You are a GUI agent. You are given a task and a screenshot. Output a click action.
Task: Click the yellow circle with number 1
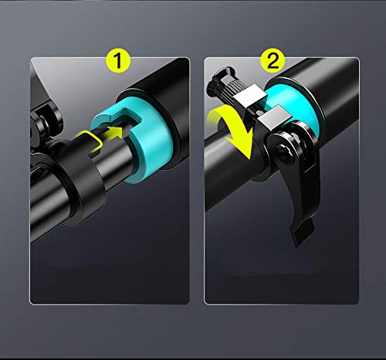(x=118, y=60)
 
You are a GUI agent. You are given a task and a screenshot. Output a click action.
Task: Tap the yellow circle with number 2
(x=273, y=60)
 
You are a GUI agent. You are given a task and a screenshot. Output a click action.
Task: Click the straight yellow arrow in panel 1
(x=111, y=132)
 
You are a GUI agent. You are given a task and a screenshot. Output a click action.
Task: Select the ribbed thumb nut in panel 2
(x=226, y=87)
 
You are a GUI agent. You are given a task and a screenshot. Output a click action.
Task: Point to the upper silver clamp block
(x=250, y=96)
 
